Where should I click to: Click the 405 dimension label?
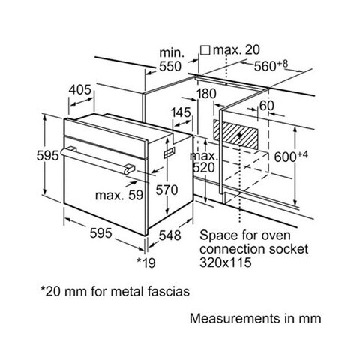coord(80,90)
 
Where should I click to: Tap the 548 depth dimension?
coord(170,235)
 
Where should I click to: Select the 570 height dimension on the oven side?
coord(166,190)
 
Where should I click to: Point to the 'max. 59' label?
coord(119,195)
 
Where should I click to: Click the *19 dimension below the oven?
coord(146,262)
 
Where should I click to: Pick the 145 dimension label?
coord(181,112)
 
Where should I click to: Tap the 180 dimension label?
coord(206,94)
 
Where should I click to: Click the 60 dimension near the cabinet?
coord(267,106)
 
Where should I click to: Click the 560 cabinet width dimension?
coord(271,65)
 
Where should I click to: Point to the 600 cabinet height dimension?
coord(291,157)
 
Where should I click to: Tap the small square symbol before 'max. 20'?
coord(205,49)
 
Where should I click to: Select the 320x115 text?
coord(225,262)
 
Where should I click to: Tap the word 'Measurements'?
coord(235,319)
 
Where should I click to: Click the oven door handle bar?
coord(98,160)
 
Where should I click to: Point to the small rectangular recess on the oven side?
coord(169,152)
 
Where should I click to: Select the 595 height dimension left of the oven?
coord(48,156)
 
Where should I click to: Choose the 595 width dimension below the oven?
coord(100,233)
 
